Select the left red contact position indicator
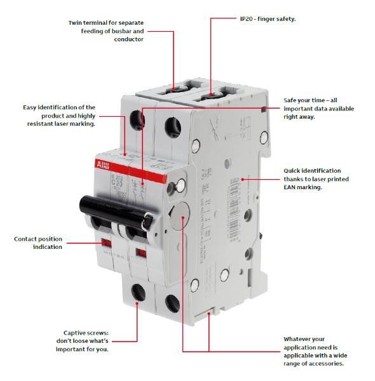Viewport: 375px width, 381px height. click(106, 243)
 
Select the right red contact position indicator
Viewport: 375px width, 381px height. click(141, 253)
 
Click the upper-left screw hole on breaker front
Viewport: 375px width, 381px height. click(135, 119)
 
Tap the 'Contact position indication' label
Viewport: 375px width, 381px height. click(38, 243)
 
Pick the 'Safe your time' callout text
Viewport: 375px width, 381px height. click(318, 109)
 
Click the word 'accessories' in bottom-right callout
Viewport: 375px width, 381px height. click(324, 363)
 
